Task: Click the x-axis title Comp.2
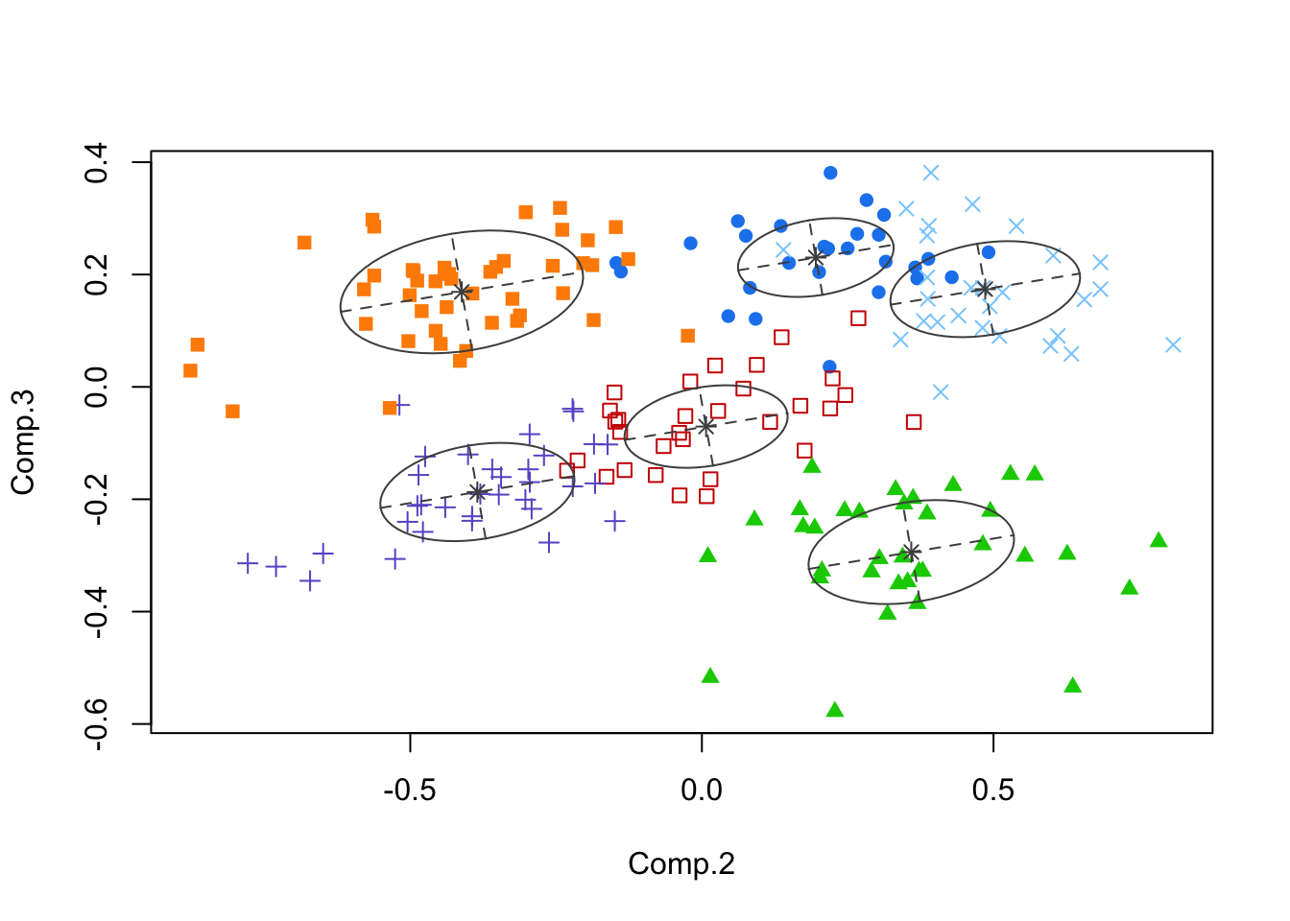pyautogui.click(x=681, y=863)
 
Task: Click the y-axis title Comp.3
pyautogui.click(x=23, y=442)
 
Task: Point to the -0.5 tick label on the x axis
pyautogui.click(x=410, y=791)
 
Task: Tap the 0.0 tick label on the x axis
pyautogui.click(x=702, y=791)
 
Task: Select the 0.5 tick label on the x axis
pyautogui.click(x=992, y=791)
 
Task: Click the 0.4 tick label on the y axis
pyautogui.click(x=97, y=162)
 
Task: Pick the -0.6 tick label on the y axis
pyautogui.click(x=97, y=723)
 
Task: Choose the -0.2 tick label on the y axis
pyautogui.click(x=97, y=499)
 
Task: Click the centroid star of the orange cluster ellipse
pyautogui.click(x=462, y=291)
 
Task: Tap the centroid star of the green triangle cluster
pyautogui.click(x=911, y=552)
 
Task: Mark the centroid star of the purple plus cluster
pyautogui.click(x=478, y=492)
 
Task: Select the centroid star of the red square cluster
pyautogui.click(x=705, y=425)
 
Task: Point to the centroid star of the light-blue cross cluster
pyautogui.click(x=985, y=289)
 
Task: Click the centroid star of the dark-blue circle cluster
pyautogui.click(x=816, y=256)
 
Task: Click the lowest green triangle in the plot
pyautogui.click(x=835, y=710)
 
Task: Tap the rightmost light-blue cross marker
pyautogui.click(x=1173, y=344)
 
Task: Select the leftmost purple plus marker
pyautogui.click(x=248, y=562)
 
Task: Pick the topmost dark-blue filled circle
pyautogui.click(x=830, y=173)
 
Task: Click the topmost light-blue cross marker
pyautogui.click(x=931, y=173)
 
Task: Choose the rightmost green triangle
pyautogui.click(x=1159, y=540)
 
